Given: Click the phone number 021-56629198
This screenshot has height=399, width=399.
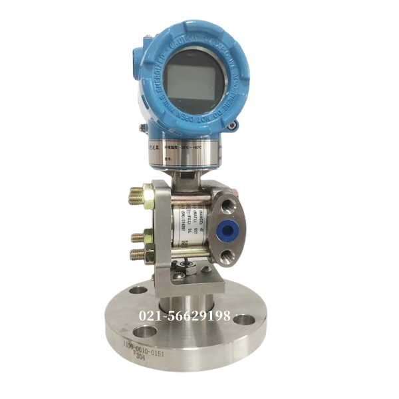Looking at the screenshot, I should [x=184, y=316].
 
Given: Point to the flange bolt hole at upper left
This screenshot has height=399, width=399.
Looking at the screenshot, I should [x=138, y=290].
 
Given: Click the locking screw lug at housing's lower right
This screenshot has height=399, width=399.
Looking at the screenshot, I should [x=231, y=124].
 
